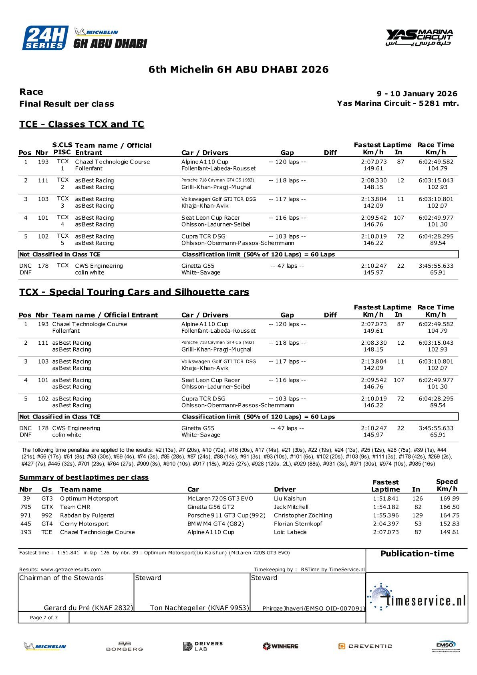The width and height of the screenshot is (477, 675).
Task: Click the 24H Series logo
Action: (x=45, y=38)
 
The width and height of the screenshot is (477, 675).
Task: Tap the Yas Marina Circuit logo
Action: (x=419, y=37)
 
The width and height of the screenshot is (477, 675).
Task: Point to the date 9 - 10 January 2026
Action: (x=417, y=94)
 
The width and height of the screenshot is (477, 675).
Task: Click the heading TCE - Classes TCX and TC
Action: (x=82, y=124)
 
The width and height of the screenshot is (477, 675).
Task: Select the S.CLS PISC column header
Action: (x=62, y=149)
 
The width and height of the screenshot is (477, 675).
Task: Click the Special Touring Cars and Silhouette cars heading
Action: (x=134, y=292)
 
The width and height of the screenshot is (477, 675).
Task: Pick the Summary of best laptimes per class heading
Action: (x=84, y=477)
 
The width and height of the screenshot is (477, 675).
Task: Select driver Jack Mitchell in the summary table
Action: (x=291, y=507)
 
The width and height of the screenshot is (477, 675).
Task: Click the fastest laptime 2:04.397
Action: (x=386, y=524)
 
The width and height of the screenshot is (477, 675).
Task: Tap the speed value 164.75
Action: (x=449, y=515)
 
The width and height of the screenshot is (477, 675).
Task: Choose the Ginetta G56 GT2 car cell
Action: (x=211, y=507)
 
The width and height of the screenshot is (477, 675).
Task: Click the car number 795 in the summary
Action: (x=26, y=507)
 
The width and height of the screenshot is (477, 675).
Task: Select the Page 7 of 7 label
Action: (x=44, y=618)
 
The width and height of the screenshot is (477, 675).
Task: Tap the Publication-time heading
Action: (x=417, y=554)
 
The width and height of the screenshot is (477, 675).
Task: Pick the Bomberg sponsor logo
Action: (x=125, y=646)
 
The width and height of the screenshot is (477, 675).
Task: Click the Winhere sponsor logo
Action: (x=280, y=646)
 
